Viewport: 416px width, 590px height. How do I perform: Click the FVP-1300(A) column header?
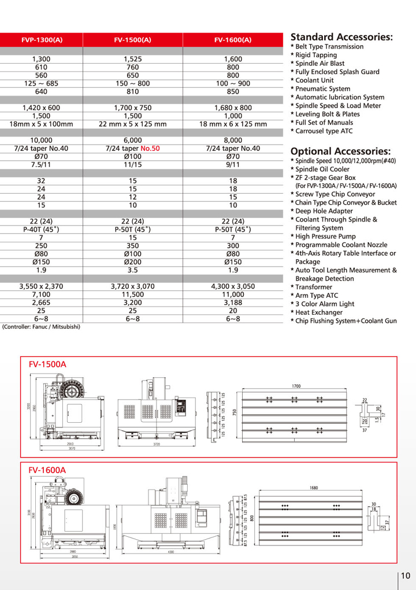tap(42, 40)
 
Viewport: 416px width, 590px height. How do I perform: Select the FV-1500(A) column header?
tap(133, 40)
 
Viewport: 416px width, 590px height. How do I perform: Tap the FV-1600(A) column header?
tap(233, 40)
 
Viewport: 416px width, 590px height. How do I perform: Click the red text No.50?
tap(148, 148)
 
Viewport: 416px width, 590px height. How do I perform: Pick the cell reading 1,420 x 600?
tap(41, 108)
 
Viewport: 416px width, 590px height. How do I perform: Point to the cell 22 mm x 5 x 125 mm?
tap(133, 124)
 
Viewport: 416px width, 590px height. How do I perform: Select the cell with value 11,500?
tap(133, 294)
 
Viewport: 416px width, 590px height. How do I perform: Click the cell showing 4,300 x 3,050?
tap(233, 286)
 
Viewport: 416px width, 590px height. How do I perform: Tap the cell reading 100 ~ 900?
tap(233, 83)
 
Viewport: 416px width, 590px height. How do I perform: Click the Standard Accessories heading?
tap(341, 36)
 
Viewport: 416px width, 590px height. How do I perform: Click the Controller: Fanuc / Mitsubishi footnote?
tap(41, 326)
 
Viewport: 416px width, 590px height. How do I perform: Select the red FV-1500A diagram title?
tap(47, 364)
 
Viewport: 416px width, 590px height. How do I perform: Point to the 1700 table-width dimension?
tap(295, 385)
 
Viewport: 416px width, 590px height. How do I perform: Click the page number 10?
tap(405, 576)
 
